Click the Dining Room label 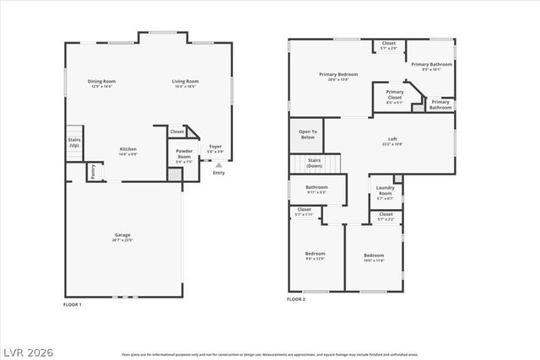pos(101,83)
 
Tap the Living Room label pos(184,83)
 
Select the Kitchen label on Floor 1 pos(127,150)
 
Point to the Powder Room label pos(184,154)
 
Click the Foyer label pos(216,148)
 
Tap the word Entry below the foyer pos(219,174)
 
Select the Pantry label pos(94,171)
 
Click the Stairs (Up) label pos(74,143)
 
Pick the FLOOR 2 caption pos(297,299)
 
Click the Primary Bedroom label pos(338,75)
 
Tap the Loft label pos(392,140)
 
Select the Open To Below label pos(308,133)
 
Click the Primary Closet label pos(394,94)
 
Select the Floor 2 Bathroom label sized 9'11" pos(316,189)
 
